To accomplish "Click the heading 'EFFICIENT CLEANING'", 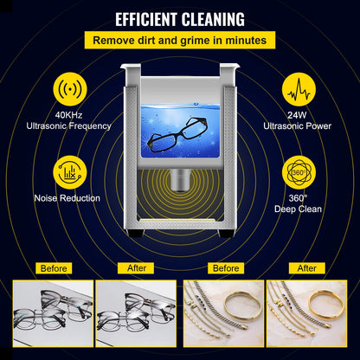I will coord(179,18).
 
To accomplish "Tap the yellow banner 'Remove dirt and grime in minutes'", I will coord(179,40).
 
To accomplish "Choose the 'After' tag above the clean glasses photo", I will coord(136,268).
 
